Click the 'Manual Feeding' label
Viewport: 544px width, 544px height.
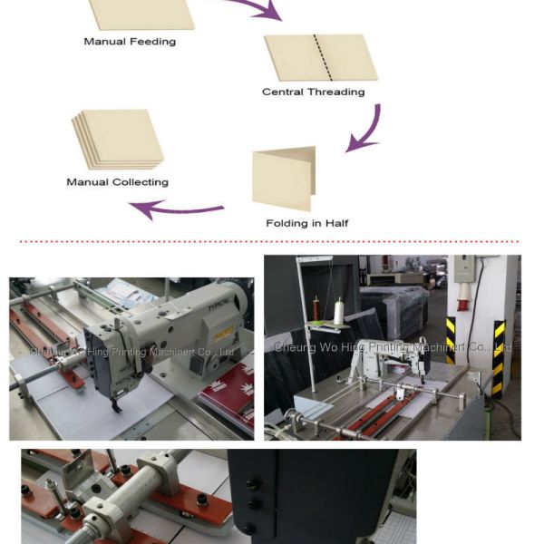(130, 41)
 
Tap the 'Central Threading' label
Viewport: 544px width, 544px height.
(313, 92)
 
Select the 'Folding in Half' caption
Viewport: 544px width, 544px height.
(306, 223)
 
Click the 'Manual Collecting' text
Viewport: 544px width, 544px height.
(117, 182)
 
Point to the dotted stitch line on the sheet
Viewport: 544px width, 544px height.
(316, 57)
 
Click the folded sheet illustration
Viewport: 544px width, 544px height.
(284, 179)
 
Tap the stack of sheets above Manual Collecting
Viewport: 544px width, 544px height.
(117, 139)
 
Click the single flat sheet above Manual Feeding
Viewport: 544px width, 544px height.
(141, 13)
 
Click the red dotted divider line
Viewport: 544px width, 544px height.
(272, 242)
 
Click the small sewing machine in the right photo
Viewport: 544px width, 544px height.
(390, 358)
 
